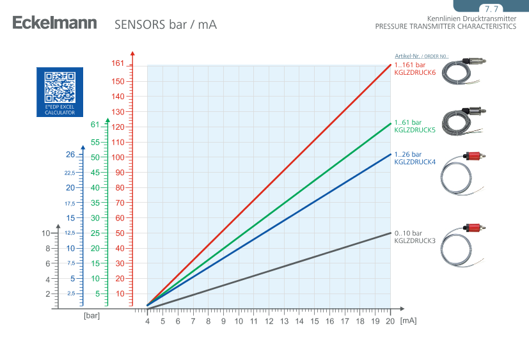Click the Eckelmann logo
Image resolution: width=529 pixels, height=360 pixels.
(54, 24)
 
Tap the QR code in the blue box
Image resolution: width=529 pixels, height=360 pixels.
(60, 87)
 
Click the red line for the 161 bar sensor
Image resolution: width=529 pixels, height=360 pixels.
(269, 186)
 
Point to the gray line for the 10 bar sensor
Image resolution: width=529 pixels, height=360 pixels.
(269, 270)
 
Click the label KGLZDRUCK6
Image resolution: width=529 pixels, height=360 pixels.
(415, 73)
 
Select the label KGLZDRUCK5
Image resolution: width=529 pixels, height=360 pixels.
(415, 130)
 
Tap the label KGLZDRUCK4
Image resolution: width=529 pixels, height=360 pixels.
(415, 162)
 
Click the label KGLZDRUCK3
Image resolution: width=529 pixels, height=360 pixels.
(415, 240)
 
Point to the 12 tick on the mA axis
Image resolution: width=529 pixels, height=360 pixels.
(269, 321)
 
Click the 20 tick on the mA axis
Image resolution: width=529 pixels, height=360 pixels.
(391, 321)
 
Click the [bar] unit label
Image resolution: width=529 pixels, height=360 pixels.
(91, 315)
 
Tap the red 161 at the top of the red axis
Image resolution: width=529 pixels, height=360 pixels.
(118, 63)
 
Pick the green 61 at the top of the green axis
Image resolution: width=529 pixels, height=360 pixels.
(94, 125)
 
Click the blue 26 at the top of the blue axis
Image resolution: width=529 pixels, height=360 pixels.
(70, 154)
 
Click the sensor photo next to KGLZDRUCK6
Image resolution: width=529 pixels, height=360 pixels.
(464, 72)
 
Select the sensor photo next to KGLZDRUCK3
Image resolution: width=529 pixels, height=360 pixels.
(464, 244)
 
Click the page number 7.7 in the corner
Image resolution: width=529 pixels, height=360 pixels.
(491, 10)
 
